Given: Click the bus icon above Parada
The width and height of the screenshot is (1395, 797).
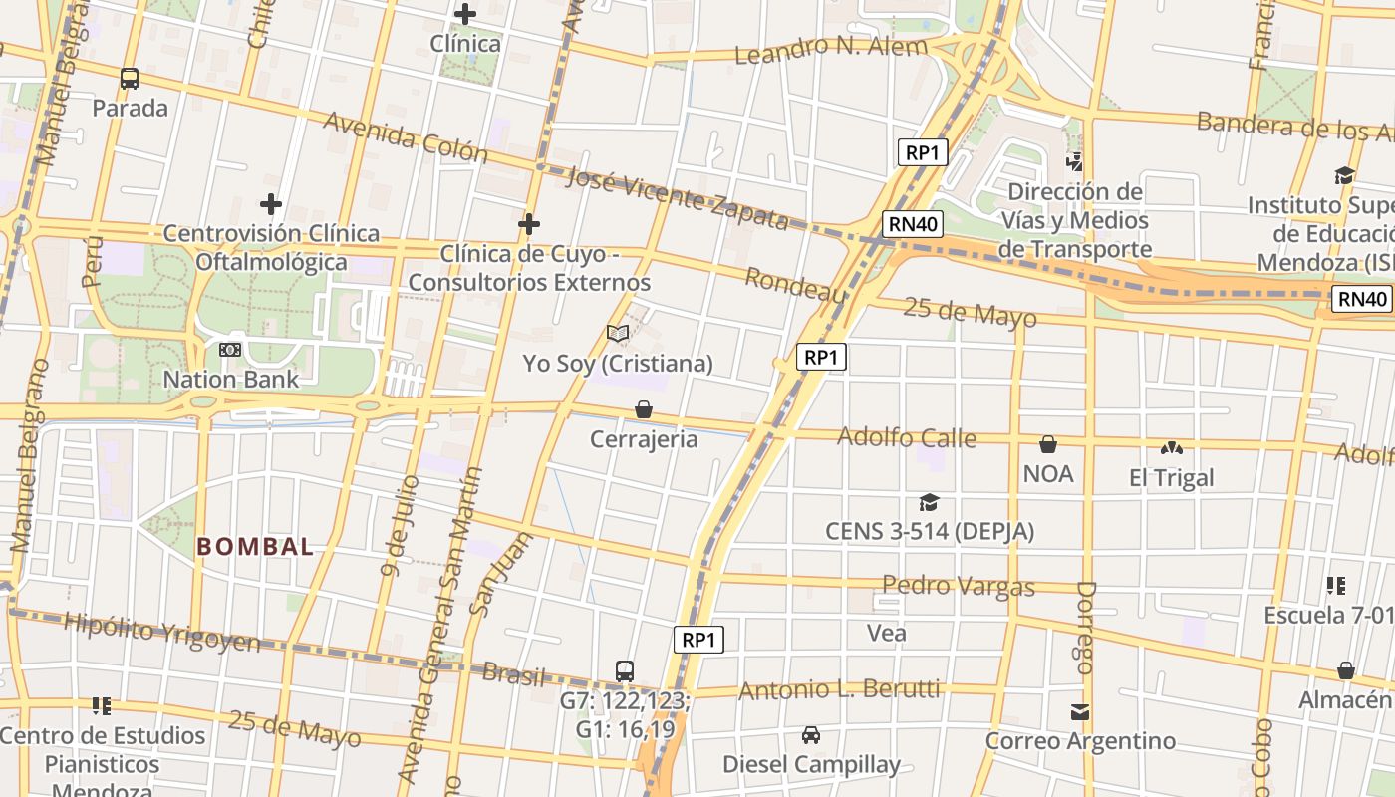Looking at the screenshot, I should pos(130,79).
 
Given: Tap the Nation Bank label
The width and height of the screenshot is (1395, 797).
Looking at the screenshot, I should pos(230,379).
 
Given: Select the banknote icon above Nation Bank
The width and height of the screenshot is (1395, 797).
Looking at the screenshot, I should pos(230,350).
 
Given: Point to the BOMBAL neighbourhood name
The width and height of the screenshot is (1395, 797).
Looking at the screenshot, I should pos(255,546).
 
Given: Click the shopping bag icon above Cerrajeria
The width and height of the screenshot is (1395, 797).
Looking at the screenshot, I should pos(644,409).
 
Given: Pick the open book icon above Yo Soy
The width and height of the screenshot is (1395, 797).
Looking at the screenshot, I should pos(618,334).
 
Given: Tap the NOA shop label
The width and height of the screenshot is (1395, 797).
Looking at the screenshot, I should pos(1048,473).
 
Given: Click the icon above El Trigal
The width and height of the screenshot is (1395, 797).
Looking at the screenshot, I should pos(1171,448).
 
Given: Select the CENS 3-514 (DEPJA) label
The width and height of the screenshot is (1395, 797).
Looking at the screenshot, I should pos(930,531).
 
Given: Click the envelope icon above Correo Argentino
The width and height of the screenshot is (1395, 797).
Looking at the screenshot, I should pos(1080,712).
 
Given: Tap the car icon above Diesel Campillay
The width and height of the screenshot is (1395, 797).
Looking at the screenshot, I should pos(811,735).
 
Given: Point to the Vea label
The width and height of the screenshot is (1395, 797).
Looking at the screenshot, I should pos(887,633).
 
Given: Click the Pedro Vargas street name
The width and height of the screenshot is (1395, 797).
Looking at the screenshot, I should pos(959,585).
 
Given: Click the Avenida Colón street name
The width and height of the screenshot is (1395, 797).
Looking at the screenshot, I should pos(406,137).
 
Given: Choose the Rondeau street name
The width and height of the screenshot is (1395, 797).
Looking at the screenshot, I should pos(795,285).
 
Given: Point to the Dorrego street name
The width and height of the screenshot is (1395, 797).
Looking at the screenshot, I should pos(1085,628).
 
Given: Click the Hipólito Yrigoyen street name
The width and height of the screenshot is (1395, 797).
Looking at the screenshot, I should pos(161,632).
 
